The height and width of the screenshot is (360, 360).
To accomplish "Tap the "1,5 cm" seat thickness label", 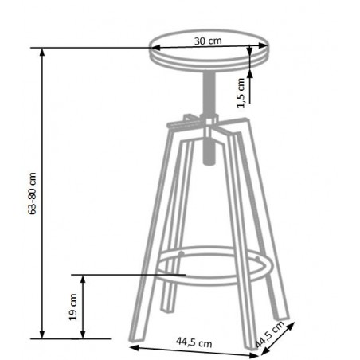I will [x=240, y=92].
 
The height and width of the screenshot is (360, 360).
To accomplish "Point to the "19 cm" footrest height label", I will [x=72, y=306].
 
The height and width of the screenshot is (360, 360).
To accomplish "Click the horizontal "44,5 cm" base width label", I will [x=193, y=343].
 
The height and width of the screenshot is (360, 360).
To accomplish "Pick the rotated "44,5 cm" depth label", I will [x=270, y=335].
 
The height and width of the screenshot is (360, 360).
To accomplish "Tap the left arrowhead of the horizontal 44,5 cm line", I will [x=131, y=347].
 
